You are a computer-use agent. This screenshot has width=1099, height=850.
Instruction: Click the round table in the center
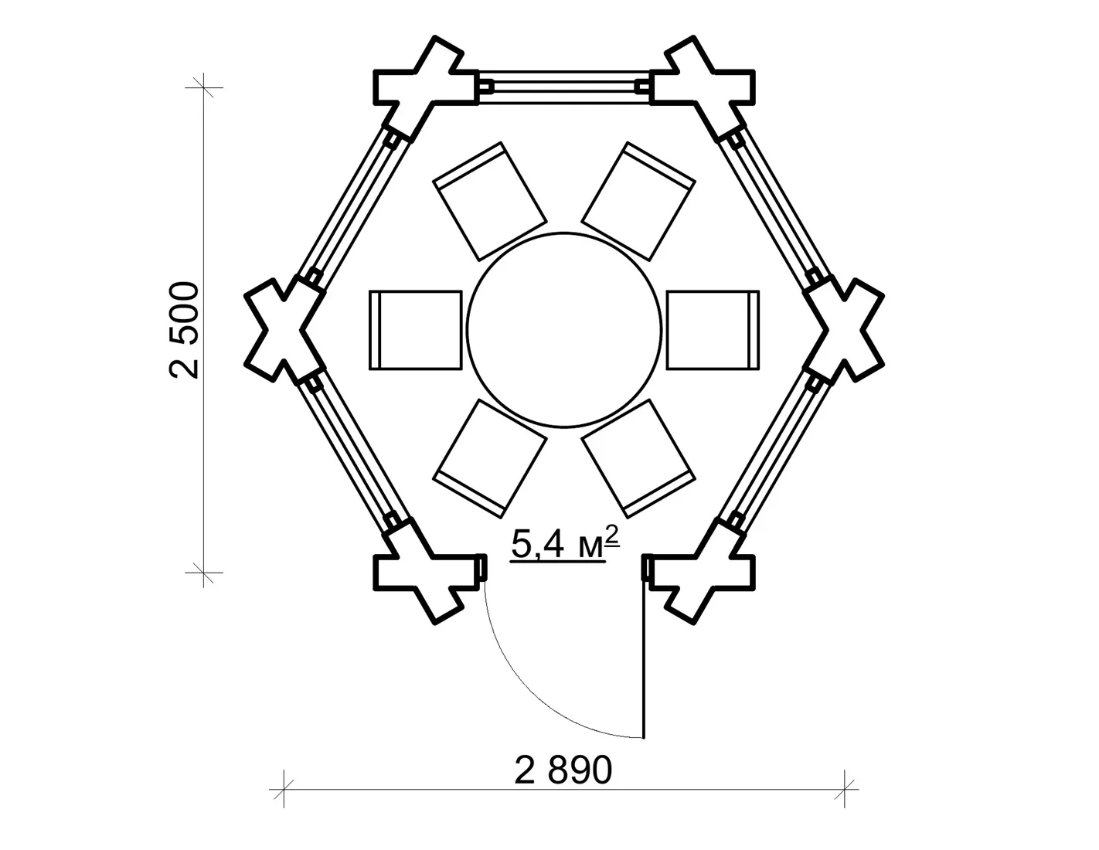click(x=564, y=330)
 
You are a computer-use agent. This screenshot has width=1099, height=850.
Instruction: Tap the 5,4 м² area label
click(x=564, y=543)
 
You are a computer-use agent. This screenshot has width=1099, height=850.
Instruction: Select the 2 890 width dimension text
click(x=563, y=770)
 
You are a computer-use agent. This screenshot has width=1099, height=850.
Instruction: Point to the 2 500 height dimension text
click(x=184, y=330)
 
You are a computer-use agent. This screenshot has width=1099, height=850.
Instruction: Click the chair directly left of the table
click(x=416, y=330)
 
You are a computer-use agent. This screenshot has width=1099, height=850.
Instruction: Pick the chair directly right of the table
click(x=713, y=330)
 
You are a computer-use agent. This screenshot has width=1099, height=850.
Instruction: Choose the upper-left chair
click(x=489, y=201)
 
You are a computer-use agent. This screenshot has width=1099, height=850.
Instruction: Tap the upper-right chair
click(x=638, y=201)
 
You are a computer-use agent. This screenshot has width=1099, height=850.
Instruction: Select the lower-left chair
click(x=489, y=459)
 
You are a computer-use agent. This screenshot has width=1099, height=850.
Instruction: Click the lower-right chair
click(x=638, y=459)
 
